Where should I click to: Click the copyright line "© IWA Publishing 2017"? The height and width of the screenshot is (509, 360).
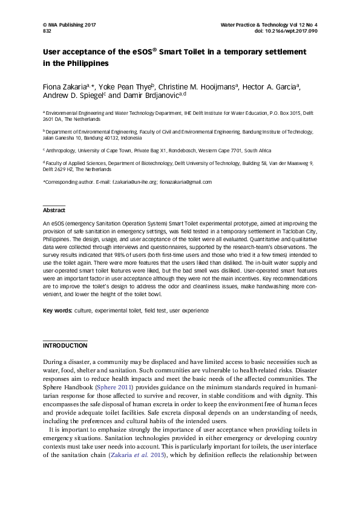pos(70,25)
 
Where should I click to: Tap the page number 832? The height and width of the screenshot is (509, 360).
pos(47,31)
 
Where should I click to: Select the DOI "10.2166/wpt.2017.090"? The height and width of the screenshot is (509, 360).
pos(295,31)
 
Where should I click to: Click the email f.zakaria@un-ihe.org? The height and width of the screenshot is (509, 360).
pos(134,182)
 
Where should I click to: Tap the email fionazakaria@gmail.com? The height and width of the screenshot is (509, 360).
pos(186,182)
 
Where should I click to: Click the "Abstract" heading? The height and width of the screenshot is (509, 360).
pos(54,210)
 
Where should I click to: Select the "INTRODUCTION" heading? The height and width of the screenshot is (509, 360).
pos(65,346)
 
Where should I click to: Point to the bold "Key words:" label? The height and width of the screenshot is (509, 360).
pos(57,310)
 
